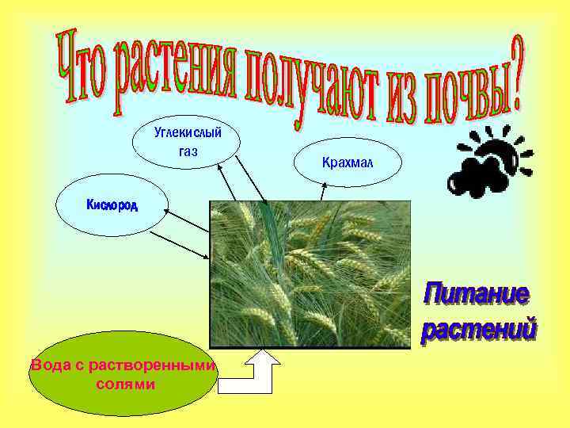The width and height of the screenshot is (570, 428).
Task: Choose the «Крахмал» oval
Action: (x=348, y=162)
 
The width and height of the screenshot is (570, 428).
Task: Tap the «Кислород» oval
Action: (x=112, y=206)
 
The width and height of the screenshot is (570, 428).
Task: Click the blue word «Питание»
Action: (x=476, y=294)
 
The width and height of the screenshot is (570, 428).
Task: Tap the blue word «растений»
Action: (x=478, y=329)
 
